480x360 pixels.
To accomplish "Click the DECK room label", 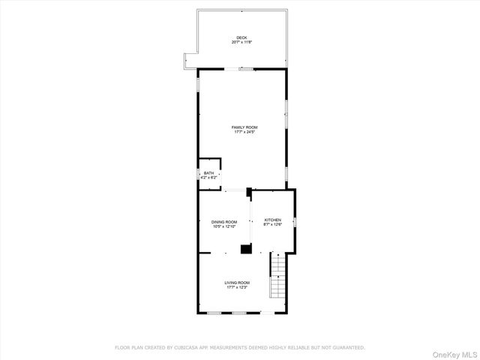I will [x=241, y=37].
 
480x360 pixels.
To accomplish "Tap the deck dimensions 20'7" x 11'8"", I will [x=241, y=42].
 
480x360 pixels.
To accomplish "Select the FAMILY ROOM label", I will [x=244, y=127].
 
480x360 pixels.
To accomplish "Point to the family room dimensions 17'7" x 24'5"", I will [x=244, y=132].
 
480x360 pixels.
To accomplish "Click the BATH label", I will [x=208, y=173].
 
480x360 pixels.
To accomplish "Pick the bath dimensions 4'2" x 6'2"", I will [x=208, y=178].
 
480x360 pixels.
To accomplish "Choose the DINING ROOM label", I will [x=224, y=221].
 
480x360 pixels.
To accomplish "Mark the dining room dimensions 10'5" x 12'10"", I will [x=224, y=226].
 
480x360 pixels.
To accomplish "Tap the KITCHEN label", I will [x=273, y=220].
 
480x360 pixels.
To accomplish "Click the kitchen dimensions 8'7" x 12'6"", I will [x=273, y=224].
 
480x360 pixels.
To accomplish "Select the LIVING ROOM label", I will [x=236, y=283].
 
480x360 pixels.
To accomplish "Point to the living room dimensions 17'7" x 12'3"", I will [x=236, y=287].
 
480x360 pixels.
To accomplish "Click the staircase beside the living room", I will [x=278, y=277].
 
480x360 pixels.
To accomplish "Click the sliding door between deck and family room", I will [x=245, y=69].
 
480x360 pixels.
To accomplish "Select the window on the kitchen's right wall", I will [x=295, y=222].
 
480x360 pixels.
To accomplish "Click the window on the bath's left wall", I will [x=197, y=175].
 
